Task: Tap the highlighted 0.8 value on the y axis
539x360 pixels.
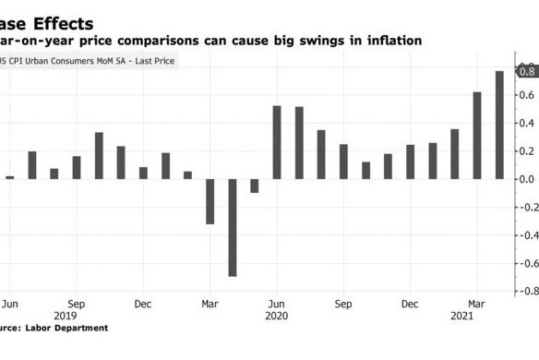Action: (527, 71)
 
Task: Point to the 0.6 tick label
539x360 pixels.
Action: (527, 95)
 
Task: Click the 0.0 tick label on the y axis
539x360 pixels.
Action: (527, 179)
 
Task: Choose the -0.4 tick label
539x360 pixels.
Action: (525, 235)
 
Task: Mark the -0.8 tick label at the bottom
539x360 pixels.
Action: (525, 292)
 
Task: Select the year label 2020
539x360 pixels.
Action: (277, 315)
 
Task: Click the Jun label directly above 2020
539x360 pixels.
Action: (277, 303)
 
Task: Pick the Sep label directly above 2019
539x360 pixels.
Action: (77, 303)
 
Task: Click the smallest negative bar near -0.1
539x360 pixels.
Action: (255, 186)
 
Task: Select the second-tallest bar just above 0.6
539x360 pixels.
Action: (477, 136)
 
